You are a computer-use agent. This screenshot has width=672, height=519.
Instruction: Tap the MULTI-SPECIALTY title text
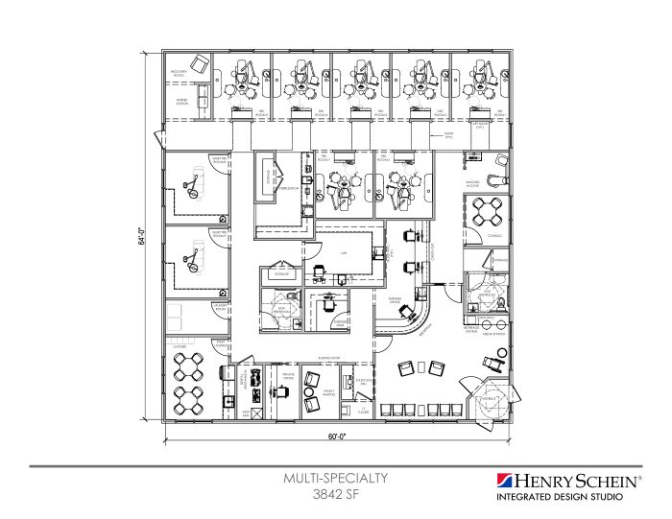pyautogui.click(x=335, y=476)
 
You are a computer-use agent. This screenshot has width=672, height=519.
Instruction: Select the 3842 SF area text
pyautogui.click(x=335, y=493)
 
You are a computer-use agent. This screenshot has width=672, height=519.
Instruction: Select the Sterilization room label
pyautogui.click(x=287, y=189)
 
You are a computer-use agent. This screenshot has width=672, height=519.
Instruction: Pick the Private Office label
pyautogui.click(x=285, y=378)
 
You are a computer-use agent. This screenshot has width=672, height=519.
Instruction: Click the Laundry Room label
pyautogui.click(x=220, y=307)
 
